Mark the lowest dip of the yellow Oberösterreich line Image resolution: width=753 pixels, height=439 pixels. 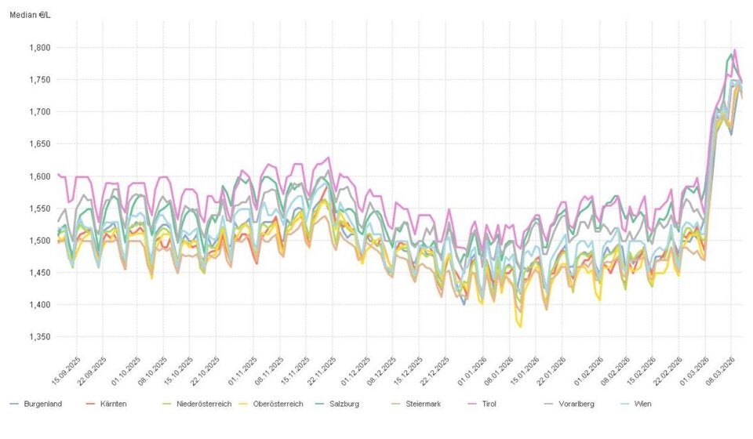coord(520,326)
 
